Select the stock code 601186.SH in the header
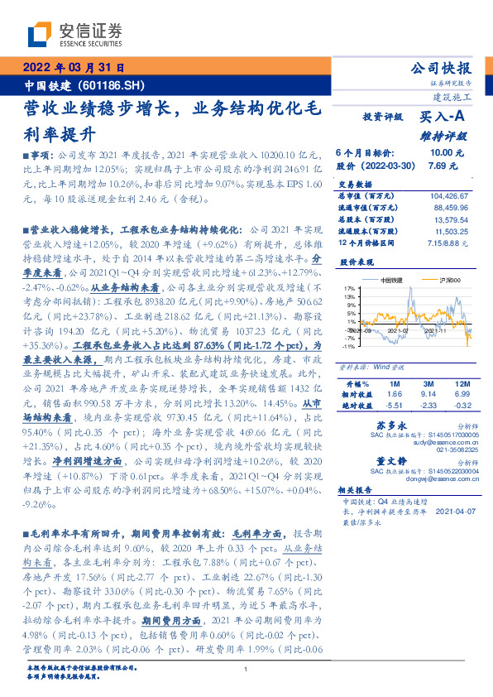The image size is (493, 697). point(115,85)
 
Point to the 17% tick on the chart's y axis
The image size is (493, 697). point(349,289)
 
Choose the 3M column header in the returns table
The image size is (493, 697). point(428,385)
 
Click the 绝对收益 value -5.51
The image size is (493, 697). point(395,406)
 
